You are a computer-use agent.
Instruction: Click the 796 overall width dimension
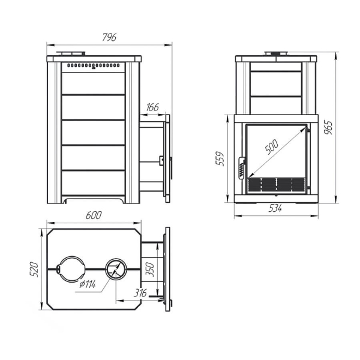109,37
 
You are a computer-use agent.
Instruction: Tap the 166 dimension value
152,107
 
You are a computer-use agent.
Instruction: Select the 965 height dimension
328,127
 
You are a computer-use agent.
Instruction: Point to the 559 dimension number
220,158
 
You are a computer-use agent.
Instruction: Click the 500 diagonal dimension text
272,146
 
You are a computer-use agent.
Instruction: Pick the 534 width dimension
275,208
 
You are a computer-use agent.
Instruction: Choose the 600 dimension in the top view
94,215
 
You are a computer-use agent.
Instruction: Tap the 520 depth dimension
34,269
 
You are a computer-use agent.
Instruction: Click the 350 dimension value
149,269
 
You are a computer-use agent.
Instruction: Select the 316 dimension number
140,293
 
